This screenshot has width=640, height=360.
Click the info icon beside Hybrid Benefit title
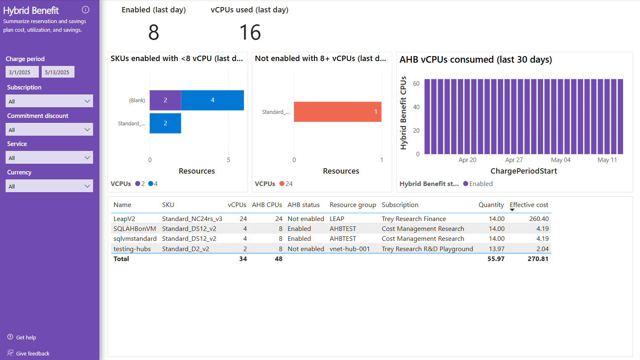86,10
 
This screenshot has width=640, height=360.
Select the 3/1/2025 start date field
22,72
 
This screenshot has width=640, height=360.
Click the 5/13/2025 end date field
58,72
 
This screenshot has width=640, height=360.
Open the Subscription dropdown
49,101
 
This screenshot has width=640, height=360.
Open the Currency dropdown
49,186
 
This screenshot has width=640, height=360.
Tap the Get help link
26,337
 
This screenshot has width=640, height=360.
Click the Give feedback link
33,353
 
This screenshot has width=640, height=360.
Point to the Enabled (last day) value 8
154,33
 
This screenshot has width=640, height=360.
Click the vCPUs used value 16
250,33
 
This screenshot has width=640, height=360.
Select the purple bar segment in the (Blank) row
165,100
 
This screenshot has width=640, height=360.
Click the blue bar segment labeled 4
213,100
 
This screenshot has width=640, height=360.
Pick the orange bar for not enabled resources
338,112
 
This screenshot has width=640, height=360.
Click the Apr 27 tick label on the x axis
514,160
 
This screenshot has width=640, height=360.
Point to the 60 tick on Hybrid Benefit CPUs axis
416,84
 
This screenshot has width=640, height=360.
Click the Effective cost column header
529,205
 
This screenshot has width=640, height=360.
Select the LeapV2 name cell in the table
124,219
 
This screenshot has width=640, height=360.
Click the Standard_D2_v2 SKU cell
185,249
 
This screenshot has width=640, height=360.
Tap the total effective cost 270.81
538,259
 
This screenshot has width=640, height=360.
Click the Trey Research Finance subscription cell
414,219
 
